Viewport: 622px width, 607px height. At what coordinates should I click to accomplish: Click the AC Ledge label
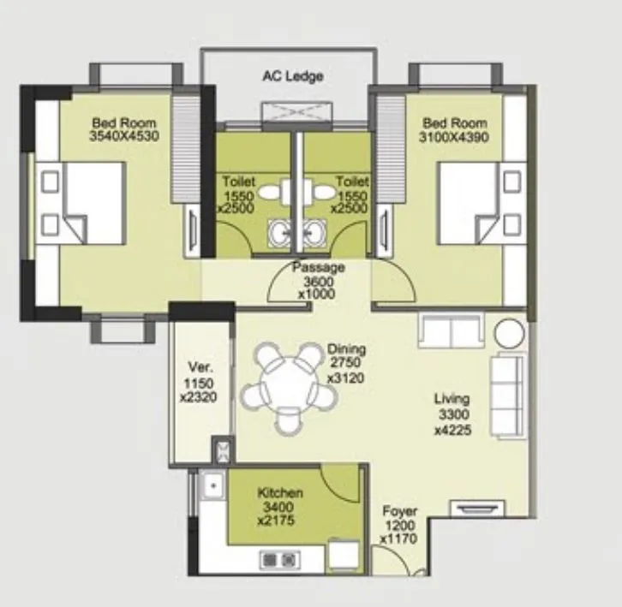(x=292, y=77)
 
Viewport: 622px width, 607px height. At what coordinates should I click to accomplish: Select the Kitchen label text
(x=280, y=493)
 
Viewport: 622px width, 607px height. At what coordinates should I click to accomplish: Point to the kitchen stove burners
(x=279, y=560)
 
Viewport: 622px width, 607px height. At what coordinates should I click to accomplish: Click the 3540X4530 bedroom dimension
(x=124, y=136)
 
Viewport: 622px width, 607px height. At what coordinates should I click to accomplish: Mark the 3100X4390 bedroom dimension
(x=454, y=136)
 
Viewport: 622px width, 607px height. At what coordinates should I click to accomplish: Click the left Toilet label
(x=238, y=182)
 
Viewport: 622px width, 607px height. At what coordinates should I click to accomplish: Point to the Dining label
(x=346, y=349)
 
